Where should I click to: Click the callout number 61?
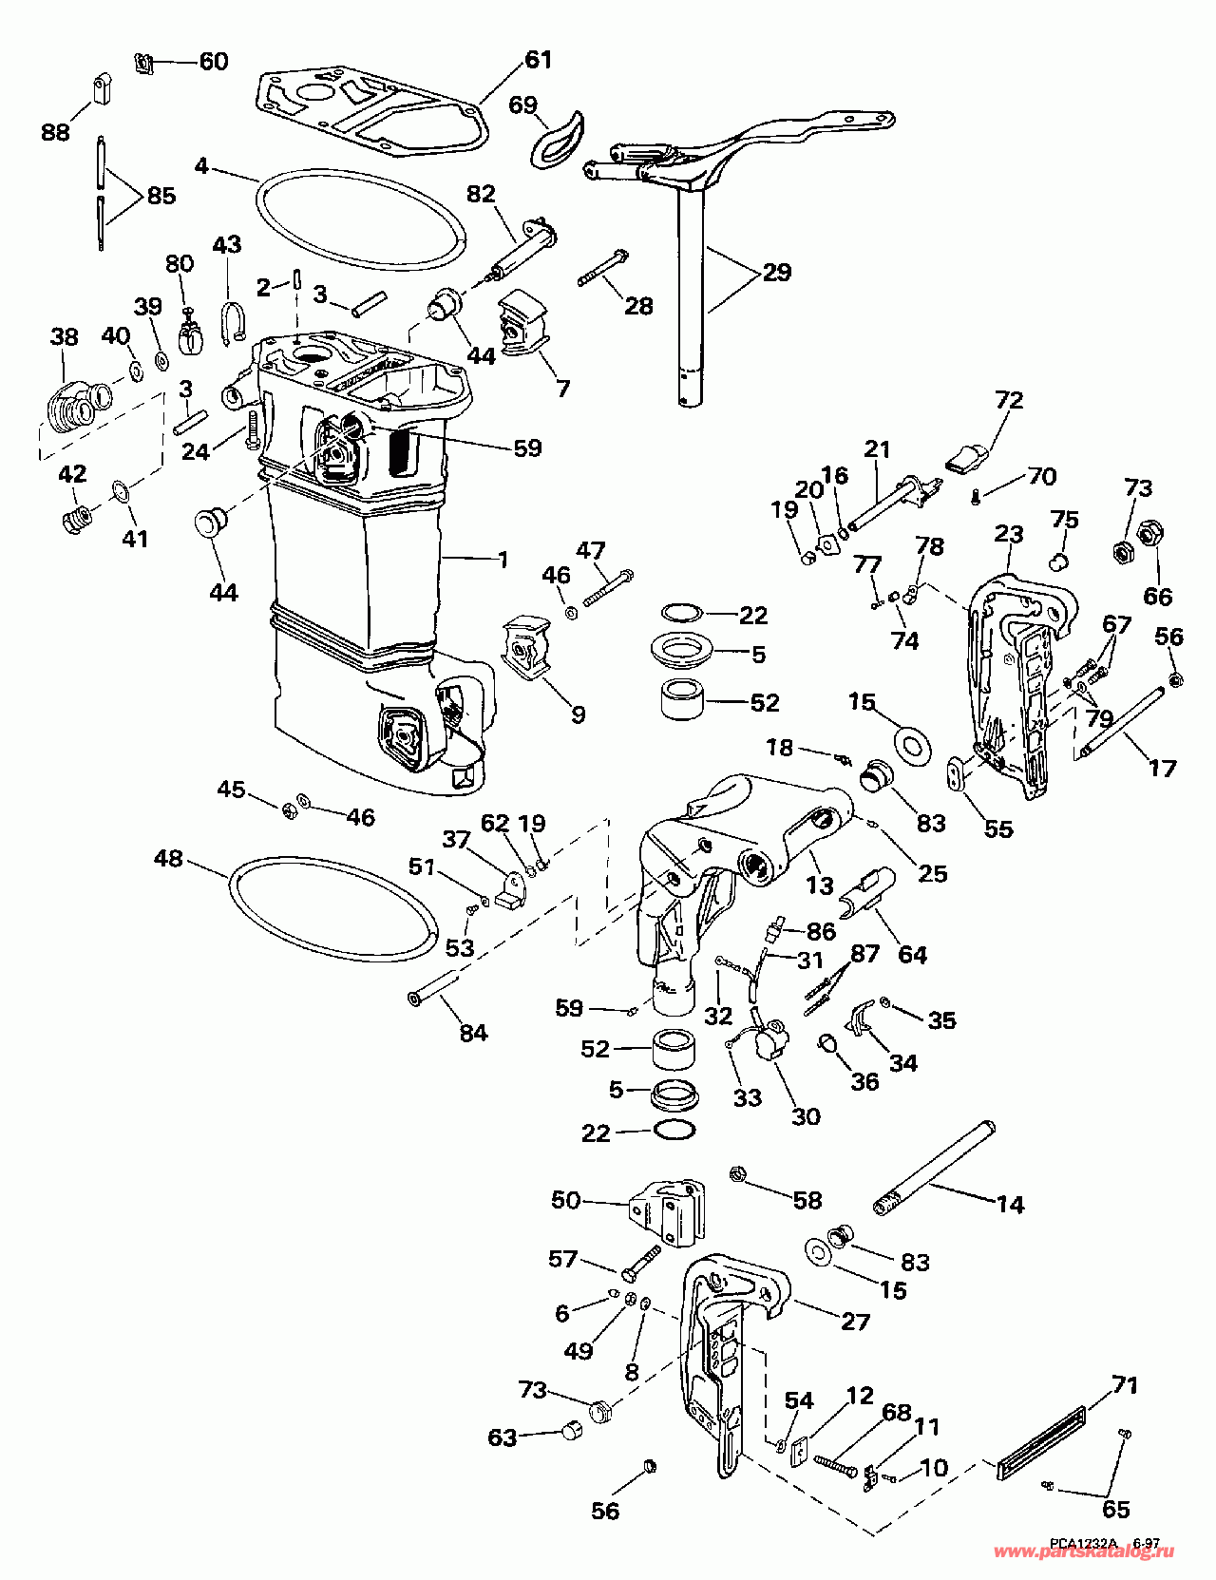click(538, 59)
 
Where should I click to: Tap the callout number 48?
click(169, 859)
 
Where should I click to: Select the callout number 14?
click(1010, 1204)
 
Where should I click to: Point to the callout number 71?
click(1124, 1384)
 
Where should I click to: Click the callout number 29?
click(776, 273)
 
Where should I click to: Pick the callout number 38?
click(64, 335)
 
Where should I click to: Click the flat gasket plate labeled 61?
click(370, 109)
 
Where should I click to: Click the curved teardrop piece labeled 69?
click(560, 136)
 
